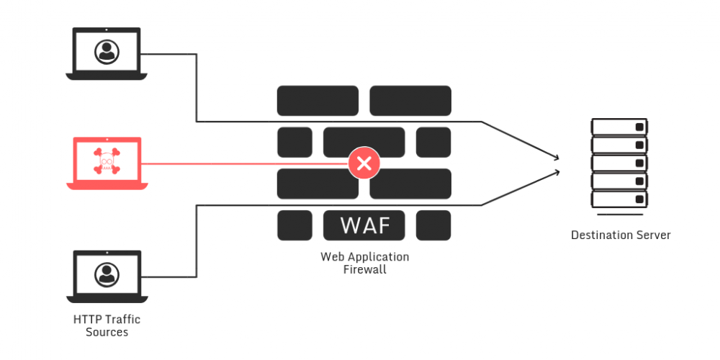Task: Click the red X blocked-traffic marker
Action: (364, 164)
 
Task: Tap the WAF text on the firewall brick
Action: (364, 225)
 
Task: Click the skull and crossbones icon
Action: (107, 160)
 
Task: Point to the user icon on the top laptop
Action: (107, 50)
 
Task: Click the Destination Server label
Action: (621, 235)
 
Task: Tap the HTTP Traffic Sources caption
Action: (107, 325)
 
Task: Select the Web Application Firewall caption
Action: (364, 263)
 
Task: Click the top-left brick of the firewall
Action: (318, 101)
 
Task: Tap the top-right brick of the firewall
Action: (410, 101)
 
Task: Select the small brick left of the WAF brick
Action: (294, 225)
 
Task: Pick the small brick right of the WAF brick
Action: (433, 225)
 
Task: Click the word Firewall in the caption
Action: (364, 270)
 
